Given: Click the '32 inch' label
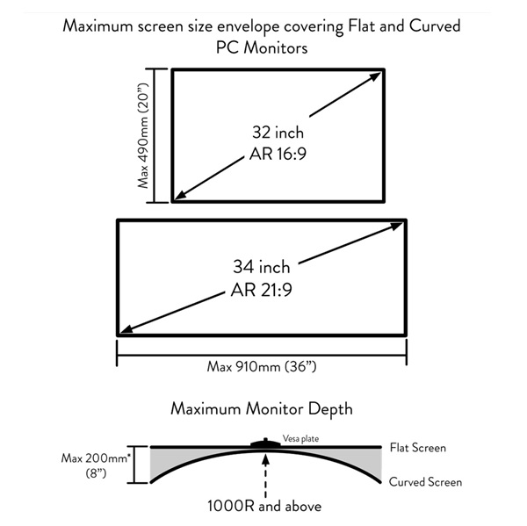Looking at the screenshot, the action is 278,132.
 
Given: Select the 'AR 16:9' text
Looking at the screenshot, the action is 278,154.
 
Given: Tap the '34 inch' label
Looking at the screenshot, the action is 262,267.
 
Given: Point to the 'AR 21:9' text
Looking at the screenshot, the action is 262,290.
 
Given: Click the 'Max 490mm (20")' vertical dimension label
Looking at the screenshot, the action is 143,135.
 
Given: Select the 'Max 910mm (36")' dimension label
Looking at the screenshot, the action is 262,366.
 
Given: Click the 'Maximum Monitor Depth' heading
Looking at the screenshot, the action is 262,409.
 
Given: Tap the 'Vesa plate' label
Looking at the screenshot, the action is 300,438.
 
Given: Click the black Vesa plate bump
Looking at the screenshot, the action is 265,443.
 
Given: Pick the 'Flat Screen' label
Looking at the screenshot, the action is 418,448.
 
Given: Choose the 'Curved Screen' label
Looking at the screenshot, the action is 425,482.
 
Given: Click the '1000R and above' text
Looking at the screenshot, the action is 264,506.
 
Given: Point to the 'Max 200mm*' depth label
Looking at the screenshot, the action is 96,458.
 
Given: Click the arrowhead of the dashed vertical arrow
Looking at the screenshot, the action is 265,459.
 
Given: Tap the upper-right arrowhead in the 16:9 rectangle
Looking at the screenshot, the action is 375,77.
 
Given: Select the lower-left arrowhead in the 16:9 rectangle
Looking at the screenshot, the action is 182,195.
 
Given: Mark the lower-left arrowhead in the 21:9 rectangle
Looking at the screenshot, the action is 126,328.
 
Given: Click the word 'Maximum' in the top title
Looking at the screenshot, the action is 97,25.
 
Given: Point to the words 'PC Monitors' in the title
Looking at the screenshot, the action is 262,47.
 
